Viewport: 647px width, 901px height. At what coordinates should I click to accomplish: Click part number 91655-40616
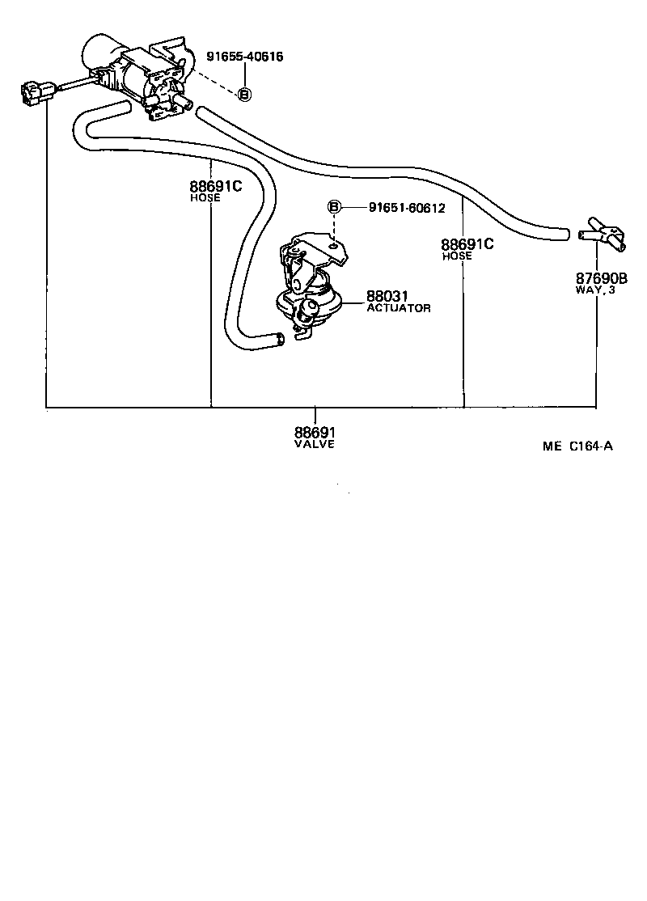pyautogui.click(x=243, y=57)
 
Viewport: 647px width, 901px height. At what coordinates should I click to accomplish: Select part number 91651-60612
pyautogui.click(x=407, y=208)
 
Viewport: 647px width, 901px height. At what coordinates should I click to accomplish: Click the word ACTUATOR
pyautogui.click(x=399, y=308)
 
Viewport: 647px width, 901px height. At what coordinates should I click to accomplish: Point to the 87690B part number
pyautogui.click(x=602, y=279)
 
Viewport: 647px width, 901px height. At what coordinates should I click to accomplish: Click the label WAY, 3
pyautogui.click(x=595, y=290)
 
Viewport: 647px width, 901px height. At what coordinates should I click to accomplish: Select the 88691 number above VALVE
pyautogui.click(x=315, y=433)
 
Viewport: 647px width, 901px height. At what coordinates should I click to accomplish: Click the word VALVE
pyautogui.click(x=315, y=444)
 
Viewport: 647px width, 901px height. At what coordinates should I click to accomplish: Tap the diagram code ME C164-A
pyautogui.click(x=577, y=445)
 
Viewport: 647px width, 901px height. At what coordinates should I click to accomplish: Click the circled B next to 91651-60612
pyautogui.click(x=334, y=207)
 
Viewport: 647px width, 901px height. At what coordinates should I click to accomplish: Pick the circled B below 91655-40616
pyautogui.click(x=244, y=95)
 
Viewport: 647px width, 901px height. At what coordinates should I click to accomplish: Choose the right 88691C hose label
pyautogui.click(x=467, y=243)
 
